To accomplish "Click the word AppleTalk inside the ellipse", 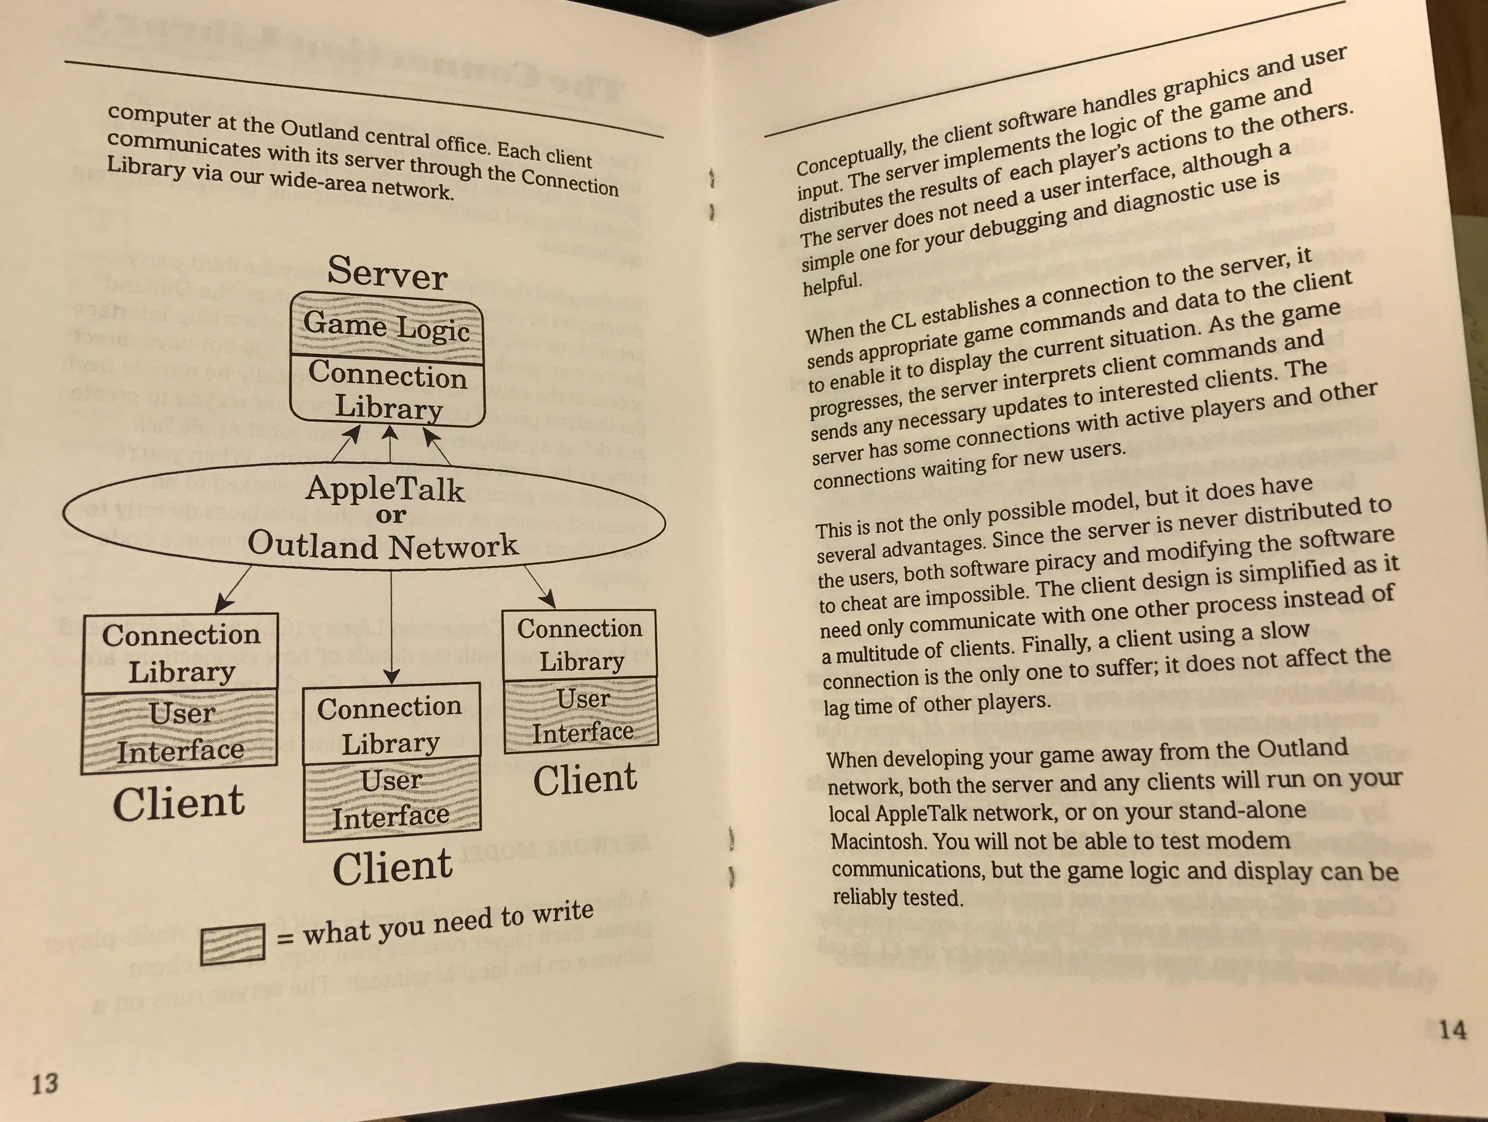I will (x=385, y=489).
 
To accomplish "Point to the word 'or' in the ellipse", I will (x=390, y=516).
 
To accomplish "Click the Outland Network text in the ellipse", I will (x=383, y=545).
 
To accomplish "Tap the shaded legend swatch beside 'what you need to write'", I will (x=232, y=944).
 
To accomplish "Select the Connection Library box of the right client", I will (x=580, y=644).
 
